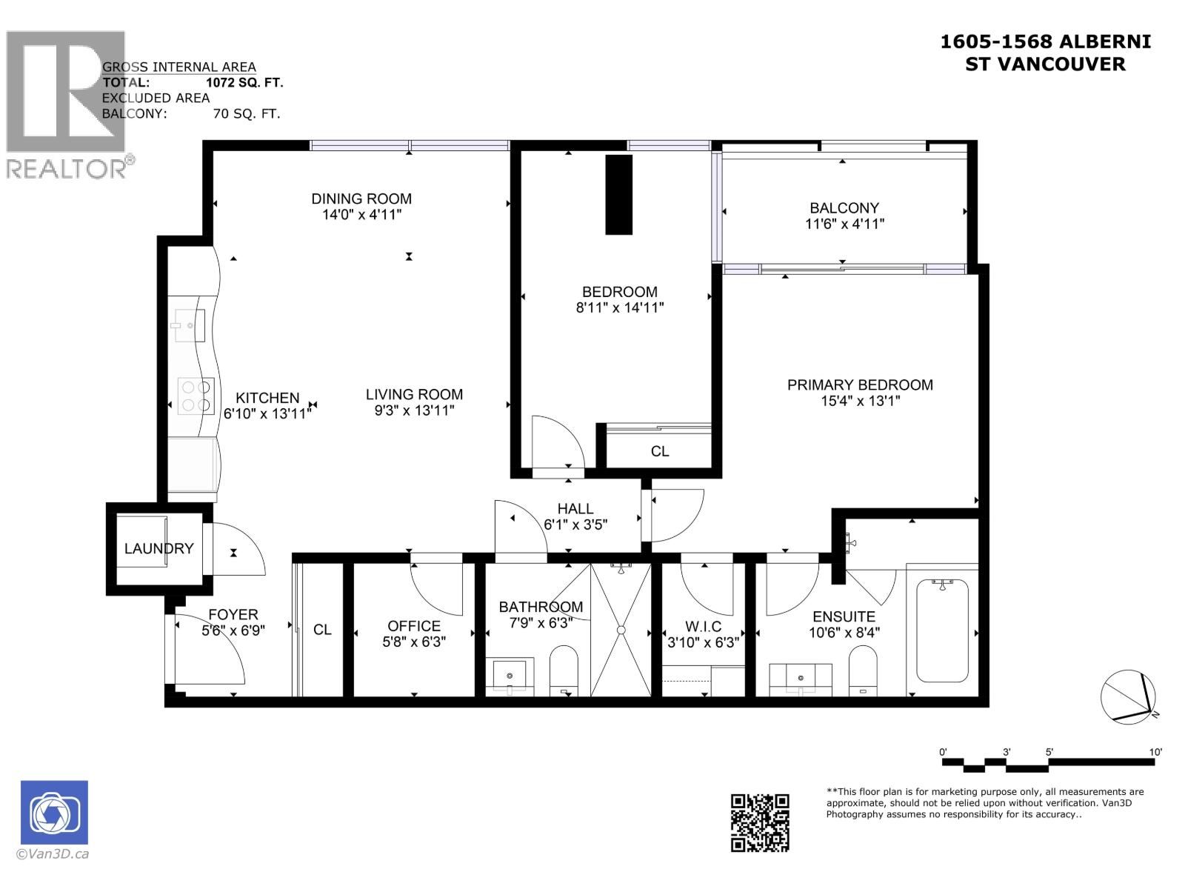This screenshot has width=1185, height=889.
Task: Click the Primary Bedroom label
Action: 859,384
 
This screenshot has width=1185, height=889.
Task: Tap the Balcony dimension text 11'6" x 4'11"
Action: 844,224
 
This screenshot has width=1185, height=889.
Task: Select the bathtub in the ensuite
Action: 941,631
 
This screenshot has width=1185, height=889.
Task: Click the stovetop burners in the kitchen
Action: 196,395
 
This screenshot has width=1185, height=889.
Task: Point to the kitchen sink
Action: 189,325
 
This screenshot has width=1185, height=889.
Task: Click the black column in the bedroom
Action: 619,194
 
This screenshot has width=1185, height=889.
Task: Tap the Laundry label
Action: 158,548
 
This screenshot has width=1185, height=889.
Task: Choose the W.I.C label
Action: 703,627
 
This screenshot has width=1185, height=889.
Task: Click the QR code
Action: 760,822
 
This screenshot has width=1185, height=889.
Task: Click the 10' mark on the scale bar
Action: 1155,752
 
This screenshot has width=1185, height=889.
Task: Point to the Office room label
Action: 414,626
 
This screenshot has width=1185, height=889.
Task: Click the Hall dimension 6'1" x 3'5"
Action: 575,525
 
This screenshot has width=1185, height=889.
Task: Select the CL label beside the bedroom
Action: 659,451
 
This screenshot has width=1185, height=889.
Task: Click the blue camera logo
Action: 54,812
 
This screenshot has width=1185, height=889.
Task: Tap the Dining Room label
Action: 361,199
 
